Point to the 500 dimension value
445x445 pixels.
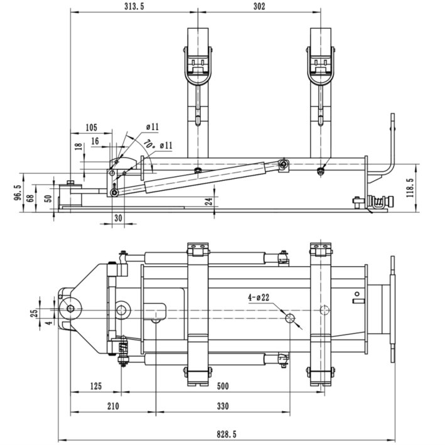(222, 385)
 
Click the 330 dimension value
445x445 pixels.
(222, 407)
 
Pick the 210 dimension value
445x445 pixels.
(112, 407)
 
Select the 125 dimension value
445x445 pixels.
(95, 385)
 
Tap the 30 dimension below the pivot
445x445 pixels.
(119, 218)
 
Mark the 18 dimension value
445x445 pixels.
(77, 148)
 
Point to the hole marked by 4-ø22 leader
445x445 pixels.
(290, 319)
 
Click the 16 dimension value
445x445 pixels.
(95, 142)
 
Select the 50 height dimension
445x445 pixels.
(47, 198)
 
